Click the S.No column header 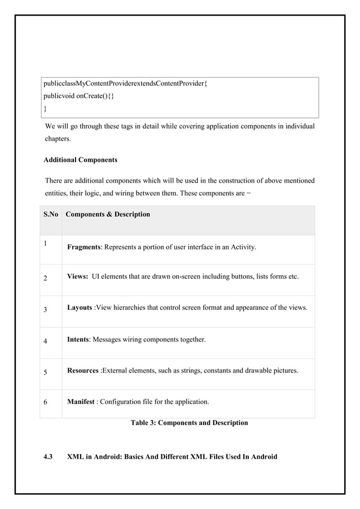pos(50,214)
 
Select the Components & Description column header pos(108,214)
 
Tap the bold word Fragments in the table pos(84,247)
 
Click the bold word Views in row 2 pos(77,277)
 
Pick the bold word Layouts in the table pos(80,308)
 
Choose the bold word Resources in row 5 pos(83,371)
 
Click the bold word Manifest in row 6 pos(81,402)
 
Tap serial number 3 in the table pos(45,309)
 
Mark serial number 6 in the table pos(45,403)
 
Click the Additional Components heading pos(81,160)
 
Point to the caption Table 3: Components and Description pos(189,423)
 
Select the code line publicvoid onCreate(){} pos(80,96)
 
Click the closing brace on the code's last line pos(45,108)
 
